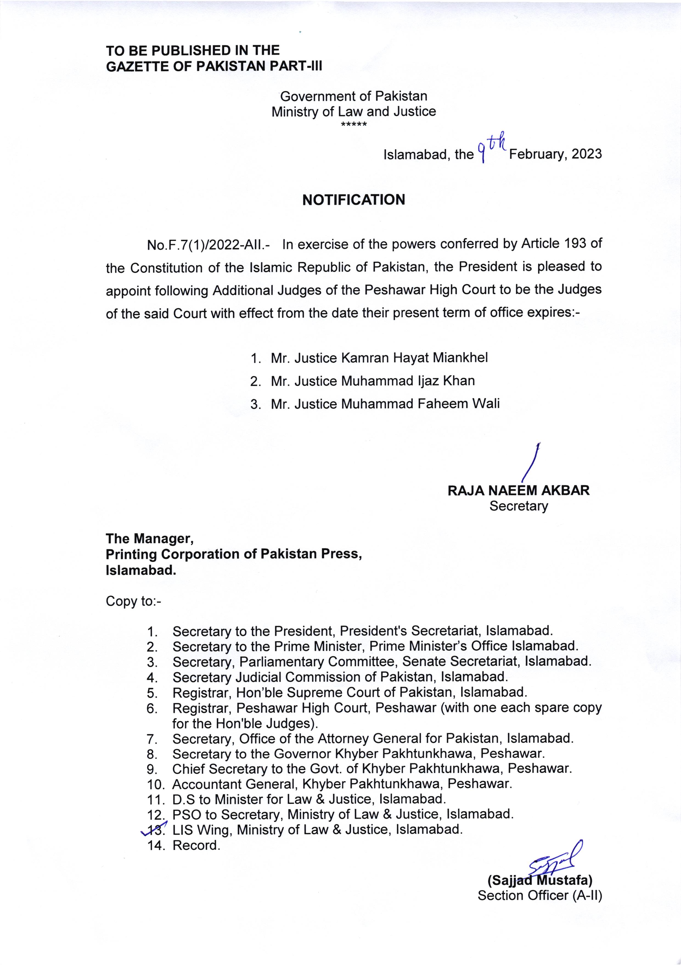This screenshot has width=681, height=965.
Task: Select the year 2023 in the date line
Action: click(x=587, y=154)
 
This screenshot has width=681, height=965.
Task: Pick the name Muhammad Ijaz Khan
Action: click(x=408, y=381)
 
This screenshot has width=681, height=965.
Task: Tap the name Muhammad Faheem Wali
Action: click(x=420, y=404)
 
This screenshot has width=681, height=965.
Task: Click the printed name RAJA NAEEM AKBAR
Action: click(x=519, y=490)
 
